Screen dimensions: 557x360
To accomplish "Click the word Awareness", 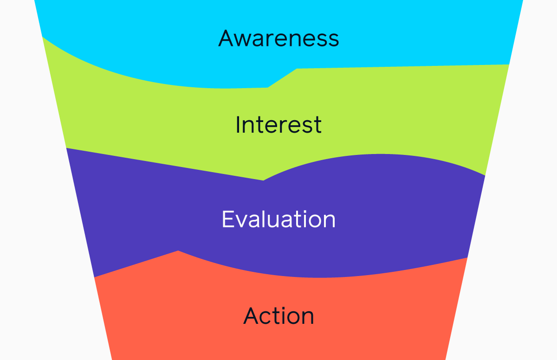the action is click(x=278, y=38).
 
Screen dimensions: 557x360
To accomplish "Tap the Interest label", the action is click(x=278, y=125).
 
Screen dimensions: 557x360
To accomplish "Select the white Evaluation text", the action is click(x=278, y=219).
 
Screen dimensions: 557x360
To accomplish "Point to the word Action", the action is click(x=278, y=316).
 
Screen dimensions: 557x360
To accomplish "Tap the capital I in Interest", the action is click(x=238, y=125).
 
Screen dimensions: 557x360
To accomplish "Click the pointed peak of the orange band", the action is click(x=178, y=251).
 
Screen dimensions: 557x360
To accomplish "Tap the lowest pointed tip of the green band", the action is click(x=263, y=180).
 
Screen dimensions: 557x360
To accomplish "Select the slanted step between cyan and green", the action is click(x=282, y=78).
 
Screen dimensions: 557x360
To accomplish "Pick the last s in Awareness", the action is click(x=333, y=40).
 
